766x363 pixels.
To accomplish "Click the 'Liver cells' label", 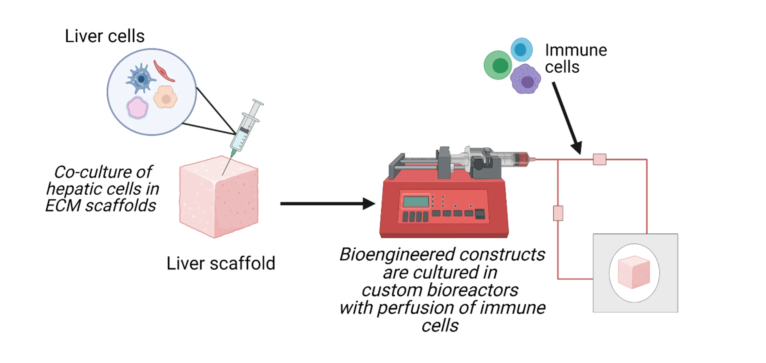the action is pyautogui.click(x=105, y=36).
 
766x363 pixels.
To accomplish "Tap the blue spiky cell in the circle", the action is pyautogui.click(x=140, y=79).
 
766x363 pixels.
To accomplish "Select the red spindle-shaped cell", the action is pyautogui.click(x=164, y=71).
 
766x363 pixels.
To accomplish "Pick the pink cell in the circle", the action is pyautogui.click(x=137, y=107).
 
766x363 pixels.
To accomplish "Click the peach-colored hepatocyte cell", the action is pyautogui.click(x=165, y=97).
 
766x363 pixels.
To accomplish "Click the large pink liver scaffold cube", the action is pyautogui.click(x=219, y=197).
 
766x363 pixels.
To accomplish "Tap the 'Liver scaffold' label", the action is pyautogui.click(x=221, y=263).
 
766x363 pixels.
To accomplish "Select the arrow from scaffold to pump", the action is pyautogui.click(x=328, y=204).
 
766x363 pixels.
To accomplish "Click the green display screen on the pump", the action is pyautogui.click(x=416, y=201).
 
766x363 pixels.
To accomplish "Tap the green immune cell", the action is pyautogui.click(x=498, y=65).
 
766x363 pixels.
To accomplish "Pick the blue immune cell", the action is pyautogui.click(x=522, y=49).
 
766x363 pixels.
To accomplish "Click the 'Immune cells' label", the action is pyautogui.click(x=576, y=58).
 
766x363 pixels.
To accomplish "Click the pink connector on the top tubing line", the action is pyautogui.click(x=599, y=159).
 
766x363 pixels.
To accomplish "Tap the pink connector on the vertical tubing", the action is pyautogui.click(x=558, y=213).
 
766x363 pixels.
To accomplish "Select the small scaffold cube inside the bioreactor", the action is pyautogui.click(x=634, y=272).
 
